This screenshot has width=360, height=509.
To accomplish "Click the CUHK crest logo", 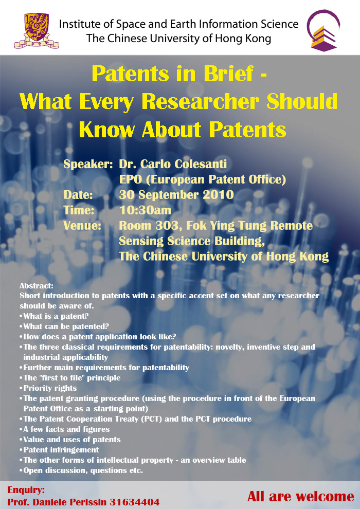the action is tap(37, 31).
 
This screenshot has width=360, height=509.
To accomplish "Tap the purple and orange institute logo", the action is tap(323, 30).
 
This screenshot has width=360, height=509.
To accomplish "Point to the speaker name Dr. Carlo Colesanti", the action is tap(173, 164).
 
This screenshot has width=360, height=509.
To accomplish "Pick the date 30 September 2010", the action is tap(176, 195).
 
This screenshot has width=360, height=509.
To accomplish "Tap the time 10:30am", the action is tap(145, 210).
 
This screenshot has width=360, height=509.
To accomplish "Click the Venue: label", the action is tap(82, 225).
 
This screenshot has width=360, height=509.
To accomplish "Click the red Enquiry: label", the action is tap(26, 489).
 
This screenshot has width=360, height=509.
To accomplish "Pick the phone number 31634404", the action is tap(134, 502).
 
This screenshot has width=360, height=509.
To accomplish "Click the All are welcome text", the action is tap(300, 497).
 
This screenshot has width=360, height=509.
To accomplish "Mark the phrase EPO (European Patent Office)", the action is tap(203, 179).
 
